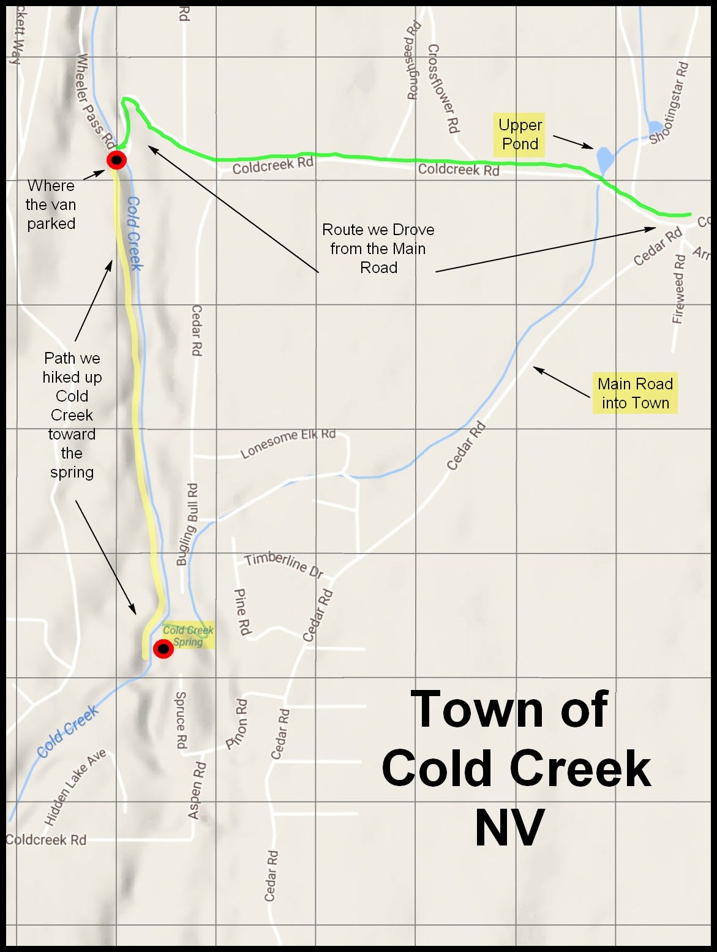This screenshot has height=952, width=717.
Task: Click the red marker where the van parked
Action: point(116,160)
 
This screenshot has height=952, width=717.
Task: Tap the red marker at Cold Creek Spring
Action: point(163,649)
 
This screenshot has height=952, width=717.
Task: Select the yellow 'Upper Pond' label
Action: point(520,135)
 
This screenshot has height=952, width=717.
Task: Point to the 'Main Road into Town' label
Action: point(635,394)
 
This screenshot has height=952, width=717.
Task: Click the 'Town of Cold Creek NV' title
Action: point(514,768)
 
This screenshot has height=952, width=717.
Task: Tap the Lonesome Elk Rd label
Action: point(288,443)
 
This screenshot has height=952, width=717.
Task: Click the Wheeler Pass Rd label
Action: point(95,101)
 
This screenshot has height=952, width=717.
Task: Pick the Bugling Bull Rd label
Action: point(187,524)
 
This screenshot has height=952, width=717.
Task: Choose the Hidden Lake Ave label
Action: point(75,787)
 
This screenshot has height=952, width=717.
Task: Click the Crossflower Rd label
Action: point(443,88)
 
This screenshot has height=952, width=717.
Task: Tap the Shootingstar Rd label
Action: point(669,103)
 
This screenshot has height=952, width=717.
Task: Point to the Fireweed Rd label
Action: point(678,289)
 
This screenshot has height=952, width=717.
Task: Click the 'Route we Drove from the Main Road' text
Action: point(378,249)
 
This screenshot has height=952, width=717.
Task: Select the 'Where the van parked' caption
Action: point(51,204)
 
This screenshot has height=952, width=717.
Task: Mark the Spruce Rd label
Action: point(181,720)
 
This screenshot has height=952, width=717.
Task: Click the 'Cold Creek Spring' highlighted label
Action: point(187,636)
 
